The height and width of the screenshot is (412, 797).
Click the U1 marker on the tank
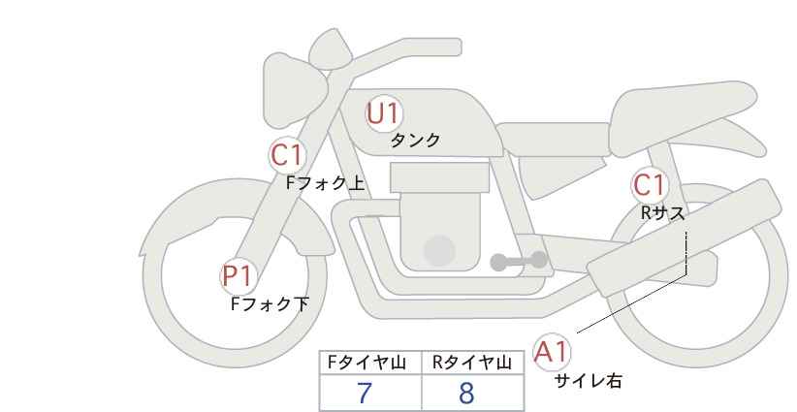[x=384, y=114]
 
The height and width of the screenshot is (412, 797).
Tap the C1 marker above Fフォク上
[x=287, y=155]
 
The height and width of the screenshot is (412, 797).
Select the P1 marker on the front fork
[x=238, y=276]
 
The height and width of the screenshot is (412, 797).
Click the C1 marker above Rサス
[x=649, y=185]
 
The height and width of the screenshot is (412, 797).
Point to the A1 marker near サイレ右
[x=552, y=352]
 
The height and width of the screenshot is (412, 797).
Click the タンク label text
[x=415, y=141]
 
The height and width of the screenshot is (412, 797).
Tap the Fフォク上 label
[x=326, y=183]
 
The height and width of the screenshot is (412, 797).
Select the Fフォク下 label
[x=270, y=304]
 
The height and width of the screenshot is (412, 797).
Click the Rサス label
[x=662, y=213]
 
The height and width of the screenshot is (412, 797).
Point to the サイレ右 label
[x=589, y=381]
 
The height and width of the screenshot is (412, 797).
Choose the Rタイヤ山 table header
[x=472, y=363]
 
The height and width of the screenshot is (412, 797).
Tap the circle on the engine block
[x=439, y=250]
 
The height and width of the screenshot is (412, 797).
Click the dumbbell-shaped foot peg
[x=519, y=261]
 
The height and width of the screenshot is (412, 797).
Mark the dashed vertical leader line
[x=686, y=253]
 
